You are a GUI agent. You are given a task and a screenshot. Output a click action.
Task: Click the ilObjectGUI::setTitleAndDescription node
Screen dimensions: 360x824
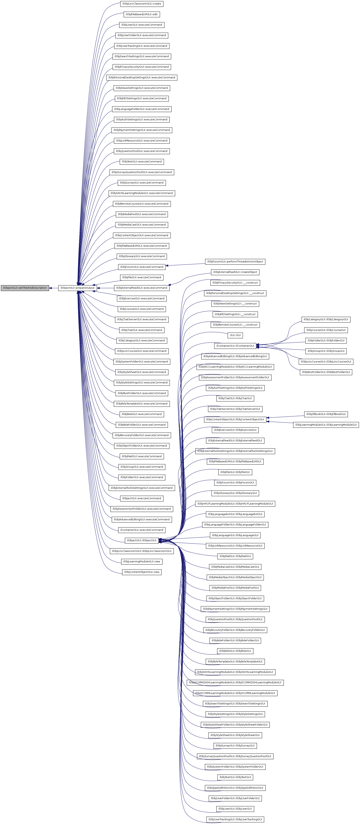coord(25,288)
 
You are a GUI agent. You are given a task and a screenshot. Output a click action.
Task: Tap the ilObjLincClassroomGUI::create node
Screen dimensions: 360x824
coord(142,4)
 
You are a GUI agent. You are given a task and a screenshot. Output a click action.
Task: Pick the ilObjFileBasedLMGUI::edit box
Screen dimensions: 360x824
coord(142,14)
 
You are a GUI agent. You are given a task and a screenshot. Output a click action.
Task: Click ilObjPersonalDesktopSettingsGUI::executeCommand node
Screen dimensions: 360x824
coord(142,77)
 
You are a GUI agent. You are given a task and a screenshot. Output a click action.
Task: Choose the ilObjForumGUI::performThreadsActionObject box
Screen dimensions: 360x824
coord(235,262)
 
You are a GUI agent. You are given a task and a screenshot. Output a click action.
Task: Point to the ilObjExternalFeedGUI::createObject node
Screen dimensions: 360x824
coord(235,272)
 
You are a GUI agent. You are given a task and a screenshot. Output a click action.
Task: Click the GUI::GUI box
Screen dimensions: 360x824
coord(235,335)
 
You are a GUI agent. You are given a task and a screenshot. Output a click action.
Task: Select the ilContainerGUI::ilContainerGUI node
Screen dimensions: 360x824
coord(235,346)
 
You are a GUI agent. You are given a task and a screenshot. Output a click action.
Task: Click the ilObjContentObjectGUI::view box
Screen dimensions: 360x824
coord(142,572)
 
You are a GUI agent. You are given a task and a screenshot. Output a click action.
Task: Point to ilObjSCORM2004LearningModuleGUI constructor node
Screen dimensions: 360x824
coord(235,683)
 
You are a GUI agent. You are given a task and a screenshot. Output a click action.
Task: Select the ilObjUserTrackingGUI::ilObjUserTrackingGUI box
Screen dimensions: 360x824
coord(235,819)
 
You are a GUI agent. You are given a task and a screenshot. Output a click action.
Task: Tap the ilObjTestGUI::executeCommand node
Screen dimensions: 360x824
coord(142,162)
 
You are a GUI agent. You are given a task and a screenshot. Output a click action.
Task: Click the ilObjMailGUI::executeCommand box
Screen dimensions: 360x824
coord(142,456)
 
